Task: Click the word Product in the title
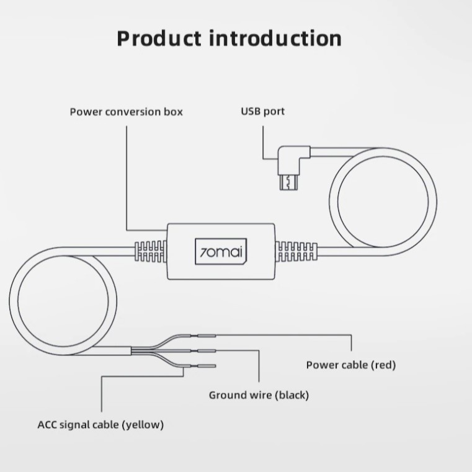159,38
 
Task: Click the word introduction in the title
275,38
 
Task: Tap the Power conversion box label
126,112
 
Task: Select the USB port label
262,112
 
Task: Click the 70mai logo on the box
221,252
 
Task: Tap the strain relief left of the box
150,251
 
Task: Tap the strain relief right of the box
296,252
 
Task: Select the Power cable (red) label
350,365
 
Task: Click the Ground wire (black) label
259,395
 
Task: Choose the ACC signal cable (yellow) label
100,425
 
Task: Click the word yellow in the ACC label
143,425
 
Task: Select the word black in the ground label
292,395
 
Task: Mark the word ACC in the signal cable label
48,425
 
